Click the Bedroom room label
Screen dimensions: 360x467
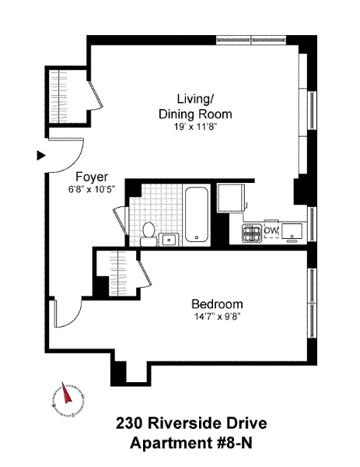pyautogui.click(x=217, y=304)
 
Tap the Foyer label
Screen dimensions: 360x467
pyautogui.click(x=92, y=177)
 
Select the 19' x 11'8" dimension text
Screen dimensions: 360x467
pyautogui.click(x=195, y=127)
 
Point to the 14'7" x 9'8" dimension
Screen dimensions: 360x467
pyautogui.click(x=217, y=317)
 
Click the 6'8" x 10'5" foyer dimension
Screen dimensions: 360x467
pyautogui.click(x=92, y=189)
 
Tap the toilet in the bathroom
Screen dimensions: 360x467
pyautogui.click(x=149, y=233)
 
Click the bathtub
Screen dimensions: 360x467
pyautogui.click(x=197, y=215)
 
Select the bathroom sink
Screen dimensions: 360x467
pyautogui.click(x=170, y=240)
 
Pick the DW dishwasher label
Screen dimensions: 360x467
pyautogui.click(x=271, y=230)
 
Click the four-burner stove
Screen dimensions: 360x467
pyautogui.click(x=252, y=232)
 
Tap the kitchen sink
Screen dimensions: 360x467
pyautogui.click(x=292, y=232)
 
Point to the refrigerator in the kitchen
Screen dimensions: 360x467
pyautogui.click(x=231, y=198)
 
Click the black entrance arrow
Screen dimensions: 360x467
pyautogui.click(x=40, y=156)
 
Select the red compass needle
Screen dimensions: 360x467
pyautogui.click(x=67, y=392)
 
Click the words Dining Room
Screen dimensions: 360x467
pyautogui.click(x=195, y=114)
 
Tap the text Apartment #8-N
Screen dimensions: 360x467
pyautogui.click(x=191, y=443)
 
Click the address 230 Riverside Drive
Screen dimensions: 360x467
pyautogui.click(x=191, y=423)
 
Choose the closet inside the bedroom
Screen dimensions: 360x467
pyautogui.click(x=118, y=273)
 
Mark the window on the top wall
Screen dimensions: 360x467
pyautogui.click(x=251, y=40)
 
